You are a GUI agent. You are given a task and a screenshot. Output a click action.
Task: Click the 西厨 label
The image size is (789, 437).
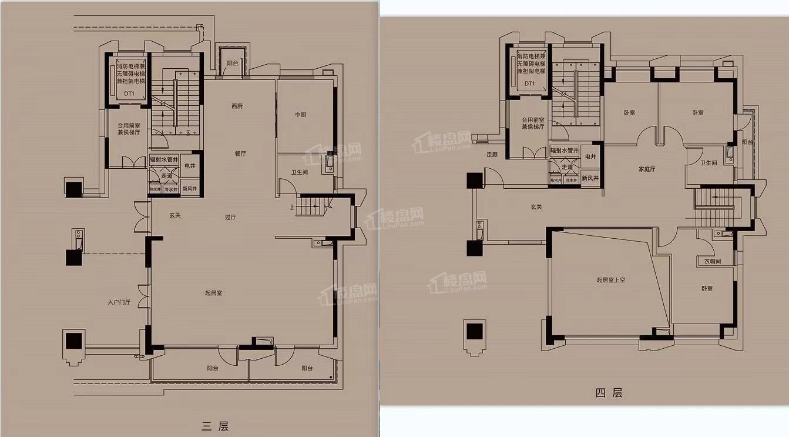tap(237, 106)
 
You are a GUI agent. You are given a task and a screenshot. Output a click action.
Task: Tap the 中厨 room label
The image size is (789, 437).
tap(301, 115)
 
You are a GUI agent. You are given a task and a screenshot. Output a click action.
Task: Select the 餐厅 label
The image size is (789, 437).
tap(240, 154)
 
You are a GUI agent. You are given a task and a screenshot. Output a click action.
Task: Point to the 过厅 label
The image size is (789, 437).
tap(230, 217)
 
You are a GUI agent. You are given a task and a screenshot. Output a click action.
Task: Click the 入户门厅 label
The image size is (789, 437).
tap(119, 302)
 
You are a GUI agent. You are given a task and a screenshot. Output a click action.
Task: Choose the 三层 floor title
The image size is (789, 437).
tap(214, 426)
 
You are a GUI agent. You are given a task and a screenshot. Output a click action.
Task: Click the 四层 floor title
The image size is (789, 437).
tap(609, 393)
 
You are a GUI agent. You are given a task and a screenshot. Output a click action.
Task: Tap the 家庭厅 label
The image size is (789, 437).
tap(647, 169)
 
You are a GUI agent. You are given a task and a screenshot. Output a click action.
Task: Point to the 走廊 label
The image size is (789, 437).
tap(492, 155)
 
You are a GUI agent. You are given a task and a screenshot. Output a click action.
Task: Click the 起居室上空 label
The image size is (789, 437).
tap(611, 280)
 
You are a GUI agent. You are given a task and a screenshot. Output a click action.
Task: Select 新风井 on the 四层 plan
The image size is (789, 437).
tap(590, 178)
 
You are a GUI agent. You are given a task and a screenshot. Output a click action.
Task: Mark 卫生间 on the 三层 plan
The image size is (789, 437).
tap(300, 173)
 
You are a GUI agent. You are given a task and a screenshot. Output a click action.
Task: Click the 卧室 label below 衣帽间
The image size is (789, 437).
tap(707, 289)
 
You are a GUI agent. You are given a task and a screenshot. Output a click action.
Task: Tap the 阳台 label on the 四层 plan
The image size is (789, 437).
tap(747, 142)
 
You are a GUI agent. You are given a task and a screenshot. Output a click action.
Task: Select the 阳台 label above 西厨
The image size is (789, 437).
tap(233, 63)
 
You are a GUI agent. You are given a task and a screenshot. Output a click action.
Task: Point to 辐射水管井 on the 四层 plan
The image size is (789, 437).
tap(565, 151)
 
